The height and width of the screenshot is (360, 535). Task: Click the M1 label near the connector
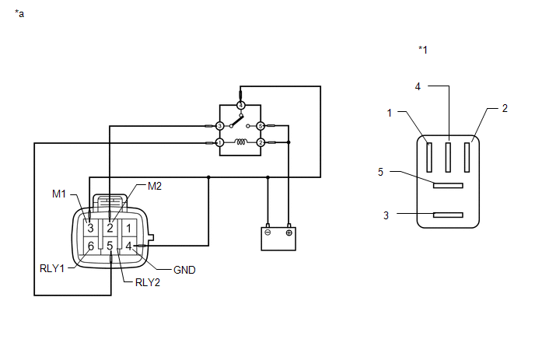click(x=58, y=194)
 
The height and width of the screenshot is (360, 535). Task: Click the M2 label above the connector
click(x=155, y=186)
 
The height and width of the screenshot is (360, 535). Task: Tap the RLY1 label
click(x=52, y=268)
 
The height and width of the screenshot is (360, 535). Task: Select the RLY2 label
click(x=148, y=282)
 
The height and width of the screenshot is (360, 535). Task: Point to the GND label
click(x=184, y=270)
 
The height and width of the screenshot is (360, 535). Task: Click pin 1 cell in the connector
click(x=128, y=228)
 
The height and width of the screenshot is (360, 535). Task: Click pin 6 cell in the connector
click(x=91, y=246)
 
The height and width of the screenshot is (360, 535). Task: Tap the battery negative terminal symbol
click(x=267, y=232)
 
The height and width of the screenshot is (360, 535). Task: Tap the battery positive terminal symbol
click(x=289, y=232)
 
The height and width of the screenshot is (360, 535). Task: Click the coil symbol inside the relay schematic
click(x=240, y=142)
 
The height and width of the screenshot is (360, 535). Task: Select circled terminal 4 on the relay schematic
click(x=240, y=105)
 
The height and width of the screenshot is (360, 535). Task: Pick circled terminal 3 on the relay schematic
click(x=220, y=126)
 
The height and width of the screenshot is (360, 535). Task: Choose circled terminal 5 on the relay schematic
click(x=261, y=126)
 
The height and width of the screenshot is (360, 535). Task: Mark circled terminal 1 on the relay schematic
click(x=220, y=142)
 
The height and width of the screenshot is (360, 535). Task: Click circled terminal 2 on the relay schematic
click(x=261, y=142)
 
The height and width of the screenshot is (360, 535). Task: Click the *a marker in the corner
click(x=19, y=14)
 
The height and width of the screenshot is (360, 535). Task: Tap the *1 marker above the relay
click(x=423, y=50)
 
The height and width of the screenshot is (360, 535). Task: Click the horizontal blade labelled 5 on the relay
click(x=448, y=186)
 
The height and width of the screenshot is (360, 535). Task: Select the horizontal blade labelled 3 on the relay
click(x=448, y=215)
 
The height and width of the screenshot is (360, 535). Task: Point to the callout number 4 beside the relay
click(x=418, y=86)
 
